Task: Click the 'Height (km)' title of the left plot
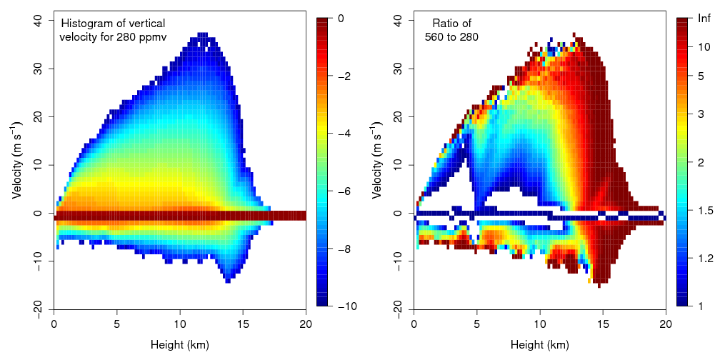pyautogui.click(x=180, y=346)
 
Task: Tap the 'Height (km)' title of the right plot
pyautogui.click(x=540, y=346)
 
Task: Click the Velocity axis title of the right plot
pyautogui.click(x=377, y=166)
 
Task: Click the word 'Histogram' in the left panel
pyautogui.click(x=86, y=24)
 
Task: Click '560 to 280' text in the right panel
pyautogui.click(x=451, y=36)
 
